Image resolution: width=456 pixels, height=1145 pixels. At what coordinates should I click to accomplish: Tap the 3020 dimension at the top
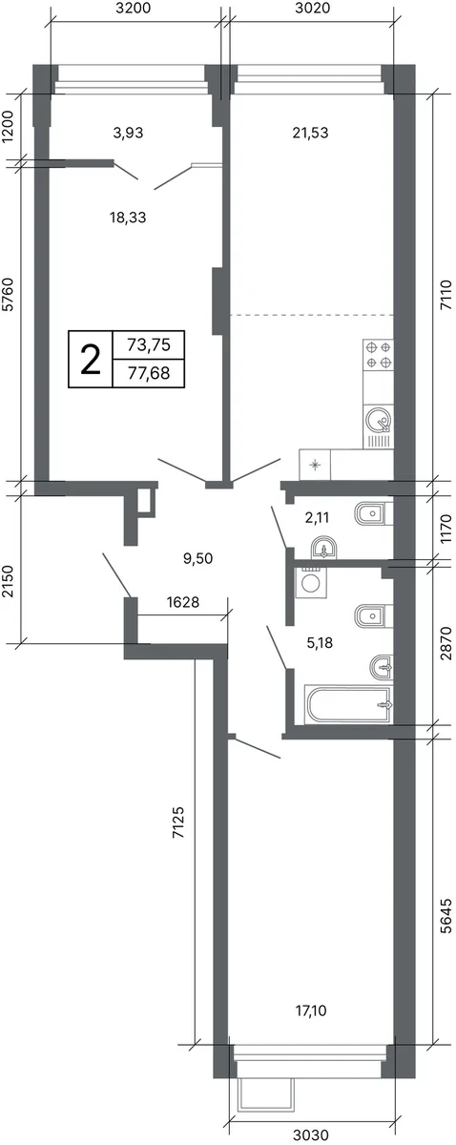(313, 9)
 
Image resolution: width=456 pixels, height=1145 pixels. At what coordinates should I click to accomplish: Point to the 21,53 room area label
(310, 133)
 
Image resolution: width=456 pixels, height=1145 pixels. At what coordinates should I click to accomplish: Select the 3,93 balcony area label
(128, 133)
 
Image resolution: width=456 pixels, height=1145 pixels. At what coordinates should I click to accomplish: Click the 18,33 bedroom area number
(128, 218)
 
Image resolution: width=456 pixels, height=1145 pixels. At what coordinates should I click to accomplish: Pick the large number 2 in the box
(91, 359)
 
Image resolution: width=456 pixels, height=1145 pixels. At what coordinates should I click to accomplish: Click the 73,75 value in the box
(148, 345)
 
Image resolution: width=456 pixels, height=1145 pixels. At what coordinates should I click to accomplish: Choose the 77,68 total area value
(148, 374)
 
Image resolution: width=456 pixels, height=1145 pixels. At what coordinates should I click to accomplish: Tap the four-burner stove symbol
(379, 355)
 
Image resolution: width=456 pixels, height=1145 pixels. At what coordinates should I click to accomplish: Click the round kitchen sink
(379, 421)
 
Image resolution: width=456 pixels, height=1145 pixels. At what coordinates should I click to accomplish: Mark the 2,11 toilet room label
(317, 518)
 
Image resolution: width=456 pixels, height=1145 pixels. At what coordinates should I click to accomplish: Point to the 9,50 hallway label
(197, 558)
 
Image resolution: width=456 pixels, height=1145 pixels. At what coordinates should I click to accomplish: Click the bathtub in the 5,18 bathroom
(348, 705)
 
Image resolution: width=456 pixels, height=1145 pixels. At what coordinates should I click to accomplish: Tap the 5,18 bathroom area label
(320, 643)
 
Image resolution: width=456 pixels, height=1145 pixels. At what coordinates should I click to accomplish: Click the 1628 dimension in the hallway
(183, 602)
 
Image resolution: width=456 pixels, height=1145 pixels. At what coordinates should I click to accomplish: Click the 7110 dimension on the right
(446, 295)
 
